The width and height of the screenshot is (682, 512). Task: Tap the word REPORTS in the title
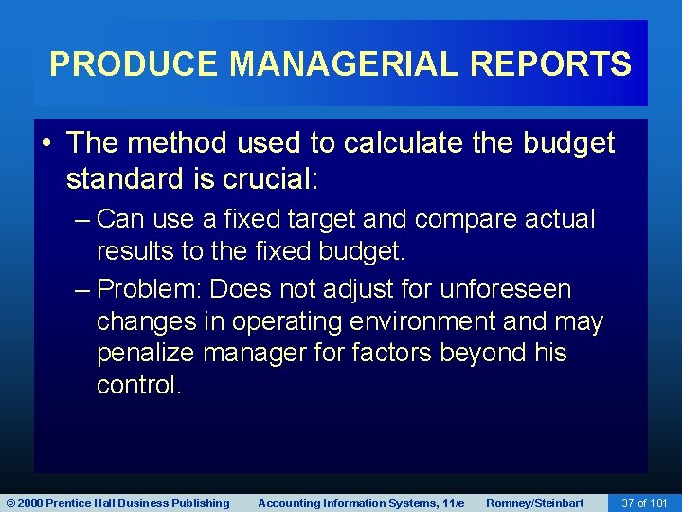(550, 64)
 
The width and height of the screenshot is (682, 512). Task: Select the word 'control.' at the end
(138, 386)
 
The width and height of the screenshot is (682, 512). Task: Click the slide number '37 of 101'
(644, 503)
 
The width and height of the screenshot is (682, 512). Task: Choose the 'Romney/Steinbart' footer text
(534, 503)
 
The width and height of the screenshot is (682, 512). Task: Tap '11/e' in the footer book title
(451, 503)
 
